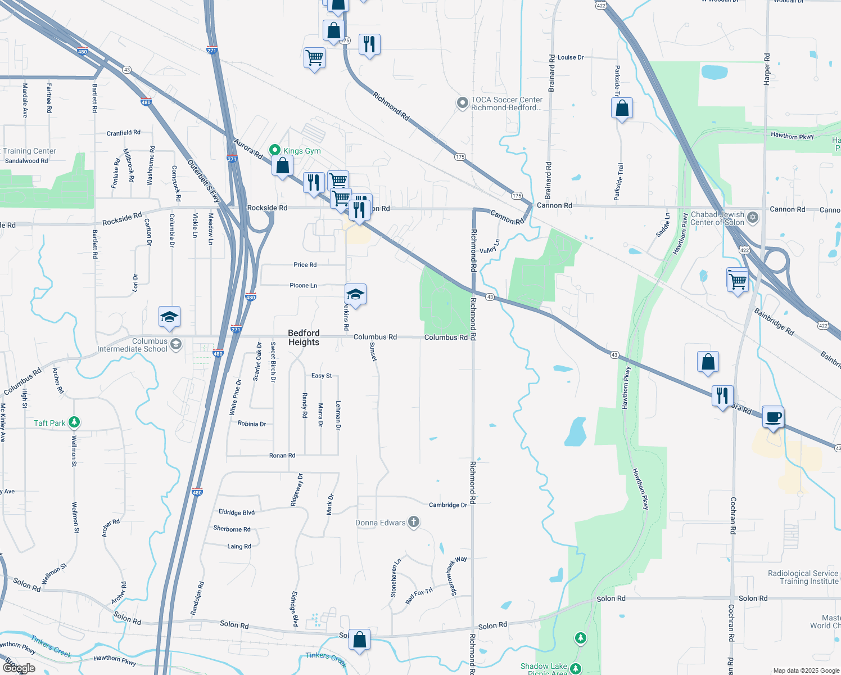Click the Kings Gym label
(302, 151)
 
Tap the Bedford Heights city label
(304, 337)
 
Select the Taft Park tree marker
(74, 422)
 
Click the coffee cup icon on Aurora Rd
(773, 417)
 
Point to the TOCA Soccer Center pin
(462, 103)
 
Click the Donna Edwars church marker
(413, 522)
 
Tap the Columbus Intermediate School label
(133, 345)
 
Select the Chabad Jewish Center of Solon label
(717, 218)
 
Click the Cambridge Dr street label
(448, 505)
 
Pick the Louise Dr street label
(571, 57)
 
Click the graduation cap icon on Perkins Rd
(355, 294)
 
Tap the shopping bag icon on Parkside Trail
(622, 108)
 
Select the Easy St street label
(322, 376)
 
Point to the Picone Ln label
(303, 286)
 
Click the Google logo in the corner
(19, 668)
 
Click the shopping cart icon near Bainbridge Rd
(737, 280)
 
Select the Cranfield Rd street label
(124, 133)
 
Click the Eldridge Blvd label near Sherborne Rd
(236, 512)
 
